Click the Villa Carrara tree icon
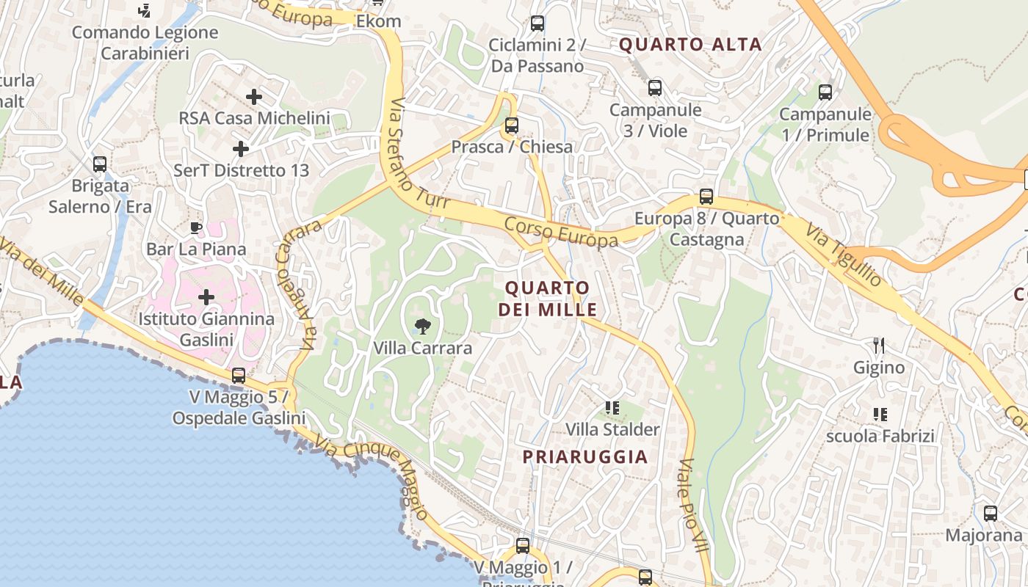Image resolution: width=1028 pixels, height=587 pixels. pyautogui.click(x=422, y=326)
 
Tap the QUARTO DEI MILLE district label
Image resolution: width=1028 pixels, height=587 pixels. pyautogui.click(x=547, y=298)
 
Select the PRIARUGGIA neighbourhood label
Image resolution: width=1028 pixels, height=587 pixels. pyautogui.click(x=585, y=456)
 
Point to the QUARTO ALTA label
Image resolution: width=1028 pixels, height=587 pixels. pyautogui.click(x=690, y=44)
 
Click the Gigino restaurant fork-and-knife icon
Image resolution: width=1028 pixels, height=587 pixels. pyautogui.click(x=879, y=345)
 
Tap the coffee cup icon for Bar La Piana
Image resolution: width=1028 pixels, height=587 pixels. pyautogui.click(x=195, y=227)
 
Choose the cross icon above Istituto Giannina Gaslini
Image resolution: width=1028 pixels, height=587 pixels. pyautogui.click(x=206, y=297)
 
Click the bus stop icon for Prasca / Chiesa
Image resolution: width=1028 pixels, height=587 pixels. pyautogui.click(x=512, y=125)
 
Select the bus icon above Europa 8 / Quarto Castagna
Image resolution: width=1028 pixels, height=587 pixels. pyautogui.click(x=706, y=197)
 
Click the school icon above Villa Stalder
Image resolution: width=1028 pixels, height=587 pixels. pyautogui.click(x=612, y=407)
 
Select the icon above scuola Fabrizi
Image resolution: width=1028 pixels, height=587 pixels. pyautogui.click(x=880, y=415)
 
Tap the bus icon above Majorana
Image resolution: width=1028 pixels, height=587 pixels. pyautogui.click(x=991, y=514)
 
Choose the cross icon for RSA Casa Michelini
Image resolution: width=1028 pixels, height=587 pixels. pyautogui.click(x=254, y=97)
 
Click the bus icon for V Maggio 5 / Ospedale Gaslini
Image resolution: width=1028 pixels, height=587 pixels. pyautogui.click(x=239, y=376)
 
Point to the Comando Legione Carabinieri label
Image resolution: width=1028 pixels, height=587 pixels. pyautogui.click(x=145, y=43)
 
